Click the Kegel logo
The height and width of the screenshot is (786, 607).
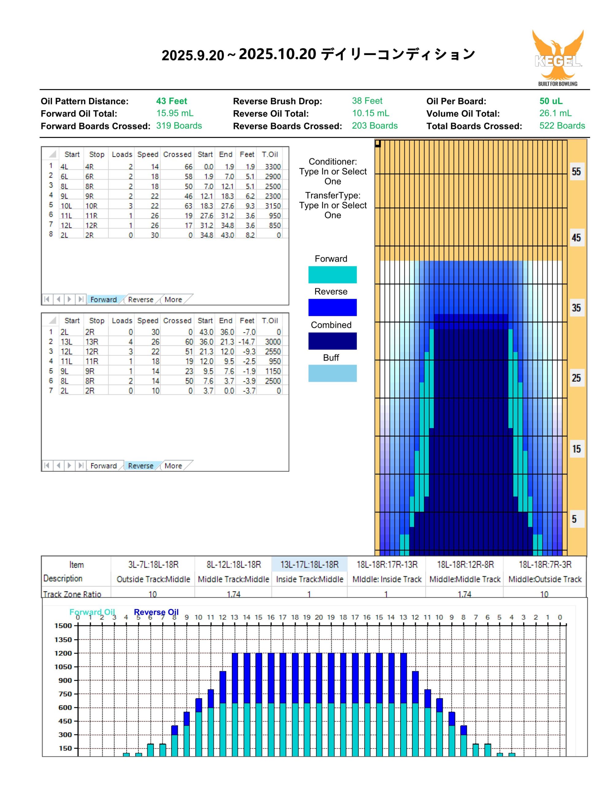tap(558, 58)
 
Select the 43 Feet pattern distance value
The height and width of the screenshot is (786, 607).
tap(172, 101)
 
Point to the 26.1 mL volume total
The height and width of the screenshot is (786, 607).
tap(555, 113)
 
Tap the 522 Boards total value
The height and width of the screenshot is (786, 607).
tap(562, 126)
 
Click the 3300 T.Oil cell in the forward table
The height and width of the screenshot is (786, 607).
tap(273, 167)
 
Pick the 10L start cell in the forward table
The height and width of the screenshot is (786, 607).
tap(66, 206)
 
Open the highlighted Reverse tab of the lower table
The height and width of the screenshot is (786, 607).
tap(141, 466)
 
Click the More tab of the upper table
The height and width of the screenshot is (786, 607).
tap(173, 299)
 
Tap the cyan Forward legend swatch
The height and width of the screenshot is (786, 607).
tap(332, 274)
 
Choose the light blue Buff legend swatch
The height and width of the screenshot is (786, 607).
tap(332, 373)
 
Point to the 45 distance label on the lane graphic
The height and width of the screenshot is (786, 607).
tap(576, 238)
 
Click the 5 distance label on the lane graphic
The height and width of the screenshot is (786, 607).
tap(574, 519)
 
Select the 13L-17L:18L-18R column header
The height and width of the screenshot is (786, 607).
tap(309, 564)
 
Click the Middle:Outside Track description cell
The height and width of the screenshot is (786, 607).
tap(545, 579)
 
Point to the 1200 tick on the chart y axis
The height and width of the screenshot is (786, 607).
tap(63, 653)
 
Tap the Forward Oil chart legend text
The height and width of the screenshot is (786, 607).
tap(92, 612)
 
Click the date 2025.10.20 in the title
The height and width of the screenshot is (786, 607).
tap(277, 54)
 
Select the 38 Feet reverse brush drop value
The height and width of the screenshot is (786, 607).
tap(367, 101)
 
